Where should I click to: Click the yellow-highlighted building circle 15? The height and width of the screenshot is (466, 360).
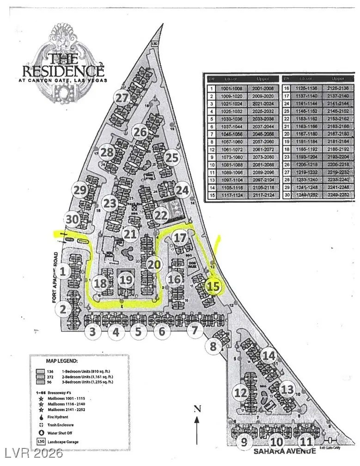[213, 286]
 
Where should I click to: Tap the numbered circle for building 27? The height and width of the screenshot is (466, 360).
[122, 98]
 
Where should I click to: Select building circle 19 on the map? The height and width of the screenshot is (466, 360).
[126, 279]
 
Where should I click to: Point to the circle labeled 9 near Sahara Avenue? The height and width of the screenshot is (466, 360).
[244, 442]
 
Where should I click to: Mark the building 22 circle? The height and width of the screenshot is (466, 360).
[161, 215]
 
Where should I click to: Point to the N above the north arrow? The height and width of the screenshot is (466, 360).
[197, 408]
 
